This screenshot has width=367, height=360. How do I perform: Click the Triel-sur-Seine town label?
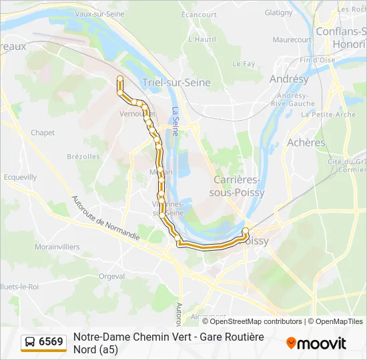pyautogui.click(x=176, y=83)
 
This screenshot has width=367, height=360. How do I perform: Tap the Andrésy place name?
pyautogui.click(x=289, y=79)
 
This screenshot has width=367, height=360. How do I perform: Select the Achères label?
pyautogui.click(x=306, y=142)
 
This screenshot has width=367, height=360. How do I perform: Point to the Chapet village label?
pyautogui.click(x=43, y=133)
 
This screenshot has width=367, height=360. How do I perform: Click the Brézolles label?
pyautogui.click(x=83, y=157)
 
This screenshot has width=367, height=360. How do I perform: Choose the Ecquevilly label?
pyautogui.click(x=20, y=177)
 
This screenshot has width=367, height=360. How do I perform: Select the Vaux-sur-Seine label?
pyautogui.click(x=99, y=13)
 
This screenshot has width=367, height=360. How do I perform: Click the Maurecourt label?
pyautogui.click(x=292, y=40)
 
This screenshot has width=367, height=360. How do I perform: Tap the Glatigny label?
pyautogui.click(x=278, y=13)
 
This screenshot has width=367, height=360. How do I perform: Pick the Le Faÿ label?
pyautogui.click(x=244, y=64)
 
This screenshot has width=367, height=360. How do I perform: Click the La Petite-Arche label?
pyautogui.click(x=328, y=114)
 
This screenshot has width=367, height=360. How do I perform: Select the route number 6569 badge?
pyautogui.click(x=51, y=342)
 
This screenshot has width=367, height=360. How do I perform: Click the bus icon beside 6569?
pyautogui.click(x=31, y=342)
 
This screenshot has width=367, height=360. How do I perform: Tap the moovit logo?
pyautogui.click(x=316, y=343)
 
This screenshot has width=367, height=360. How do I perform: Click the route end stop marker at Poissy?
pyautogui.click(x=245, y=231)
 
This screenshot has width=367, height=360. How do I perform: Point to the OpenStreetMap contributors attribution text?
pyautogui.click(x=256, y=321)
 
